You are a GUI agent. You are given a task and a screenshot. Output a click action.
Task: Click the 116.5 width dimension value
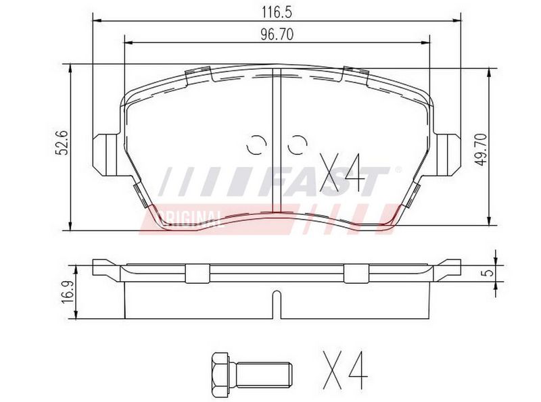[x=277, y=12]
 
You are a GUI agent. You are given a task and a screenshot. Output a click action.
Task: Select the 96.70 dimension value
[x=277, y=34]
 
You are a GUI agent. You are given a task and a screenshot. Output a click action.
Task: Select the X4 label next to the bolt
[x=345, y=371]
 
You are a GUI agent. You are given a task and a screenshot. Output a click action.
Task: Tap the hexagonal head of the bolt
[x=220, y=375]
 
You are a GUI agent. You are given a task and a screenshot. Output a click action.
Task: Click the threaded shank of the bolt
[x=264, y=375]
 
